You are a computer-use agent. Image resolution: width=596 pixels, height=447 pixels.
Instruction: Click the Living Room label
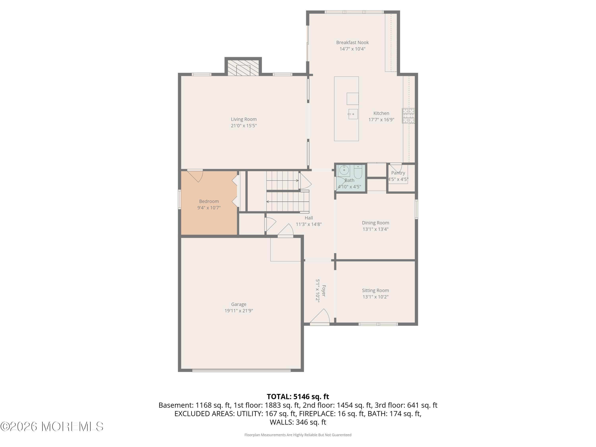point(244,119)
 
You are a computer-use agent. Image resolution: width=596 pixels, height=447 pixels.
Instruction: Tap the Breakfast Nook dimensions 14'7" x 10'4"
point(352,49)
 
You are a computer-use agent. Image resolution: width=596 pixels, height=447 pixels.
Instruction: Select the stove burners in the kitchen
point(408,116)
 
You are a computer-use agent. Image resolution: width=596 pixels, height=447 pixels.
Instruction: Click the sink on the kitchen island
point(353,114)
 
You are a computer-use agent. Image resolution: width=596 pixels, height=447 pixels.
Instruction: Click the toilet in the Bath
point(358,172)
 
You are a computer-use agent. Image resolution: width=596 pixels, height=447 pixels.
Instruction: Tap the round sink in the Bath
point(344,170)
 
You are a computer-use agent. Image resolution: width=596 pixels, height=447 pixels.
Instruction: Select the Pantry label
point(398,173)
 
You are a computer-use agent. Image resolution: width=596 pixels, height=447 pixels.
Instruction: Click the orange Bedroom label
point(209,201)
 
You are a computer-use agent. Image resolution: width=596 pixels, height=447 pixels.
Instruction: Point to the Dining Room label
point(375,223)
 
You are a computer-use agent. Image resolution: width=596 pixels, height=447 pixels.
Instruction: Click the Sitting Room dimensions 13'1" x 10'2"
point(375,297)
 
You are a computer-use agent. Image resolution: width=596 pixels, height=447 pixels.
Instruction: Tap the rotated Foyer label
point(324,291)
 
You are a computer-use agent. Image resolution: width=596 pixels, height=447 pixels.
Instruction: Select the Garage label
point(239,304)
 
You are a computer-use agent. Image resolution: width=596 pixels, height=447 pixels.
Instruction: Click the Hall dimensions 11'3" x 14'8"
point(309,224)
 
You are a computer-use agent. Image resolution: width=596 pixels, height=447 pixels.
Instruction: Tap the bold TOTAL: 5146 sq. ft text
point(298,397)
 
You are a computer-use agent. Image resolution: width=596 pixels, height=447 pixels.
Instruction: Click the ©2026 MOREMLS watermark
point(52,427)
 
